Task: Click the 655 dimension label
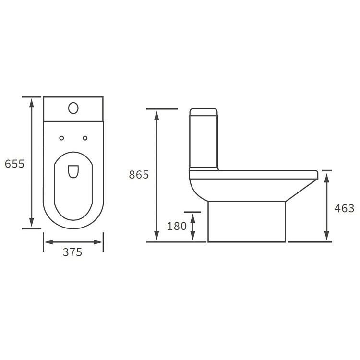pos(14,164)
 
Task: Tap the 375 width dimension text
pos(72,252)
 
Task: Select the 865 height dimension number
pos(139,175)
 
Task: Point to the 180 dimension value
pos(177,226)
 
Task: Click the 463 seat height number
pos(344,208)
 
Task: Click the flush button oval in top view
pos(73,108)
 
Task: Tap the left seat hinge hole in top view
pos(61,138)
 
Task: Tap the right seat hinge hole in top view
pos(85,138)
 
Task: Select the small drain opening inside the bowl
pos(73,171)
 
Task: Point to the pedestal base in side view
pos(247,221)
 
